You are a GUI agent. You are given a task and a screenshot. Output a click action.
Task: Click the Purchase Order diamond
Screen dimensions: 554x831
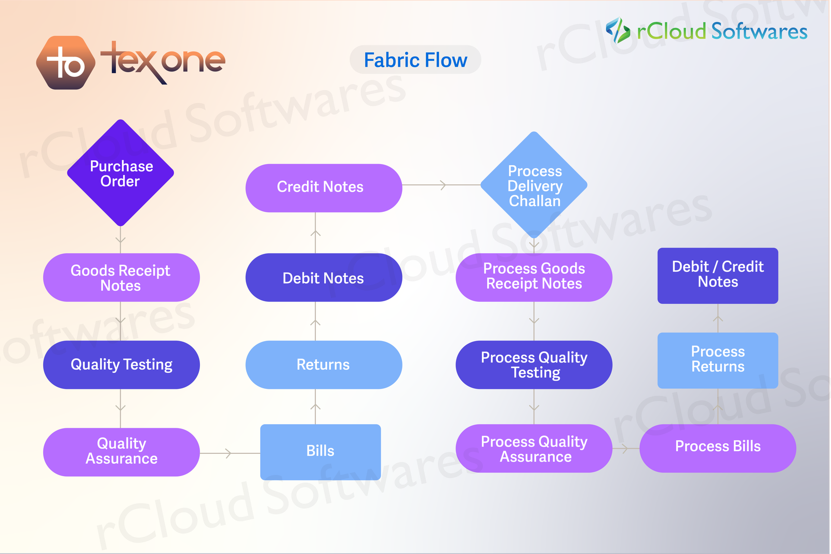120,173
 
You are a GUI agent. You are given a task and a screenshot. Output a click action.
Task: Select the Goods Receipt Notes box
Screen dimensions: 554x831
121,278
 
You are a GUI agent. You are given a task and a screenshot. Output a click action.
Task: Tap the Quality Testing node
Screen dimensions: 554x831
121,364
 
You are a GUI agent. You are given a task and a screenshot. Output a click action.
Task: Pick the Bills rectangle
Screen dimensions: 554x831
320,452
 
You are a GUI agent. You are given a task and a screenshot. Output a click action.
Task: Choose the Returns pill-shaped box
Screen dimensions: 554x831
324,364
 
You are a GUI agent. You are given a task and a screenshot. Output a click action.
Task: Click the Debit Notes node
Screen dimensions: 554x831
324,278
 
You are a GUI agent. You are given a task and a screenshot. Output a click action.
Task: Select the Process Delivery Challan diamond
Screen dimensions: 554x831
534,185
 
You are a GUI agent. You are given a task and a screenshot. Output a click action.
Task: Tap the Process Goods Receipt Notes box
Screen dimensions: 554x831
534,277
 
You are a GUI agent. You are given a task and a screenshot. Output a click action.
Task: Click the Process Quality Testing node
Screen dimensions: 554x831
534,364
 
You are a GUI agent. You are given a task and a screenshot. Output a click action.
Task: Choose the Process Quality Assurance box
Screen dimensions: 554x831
534,449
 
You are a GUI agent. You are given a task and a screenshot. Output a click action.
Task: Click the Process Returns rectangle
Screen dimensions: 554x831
718,360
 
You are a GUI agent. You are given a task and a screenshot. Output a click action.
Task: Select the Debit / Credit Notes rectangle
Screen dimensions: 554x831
718,275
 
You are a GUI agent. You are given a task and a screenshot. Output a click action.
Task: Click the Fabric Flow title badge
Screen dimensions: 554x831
415,60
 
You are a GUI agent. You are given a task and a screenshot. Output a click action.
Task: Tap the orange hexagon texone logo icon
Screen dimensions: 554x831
66,63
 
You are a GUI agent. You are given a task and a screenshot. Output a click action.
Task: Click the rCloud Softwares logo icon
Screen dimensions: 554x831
618,30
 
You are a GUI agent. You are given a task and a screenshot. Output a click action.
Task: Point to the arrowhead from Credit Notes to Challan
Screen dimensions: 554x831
443,185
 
